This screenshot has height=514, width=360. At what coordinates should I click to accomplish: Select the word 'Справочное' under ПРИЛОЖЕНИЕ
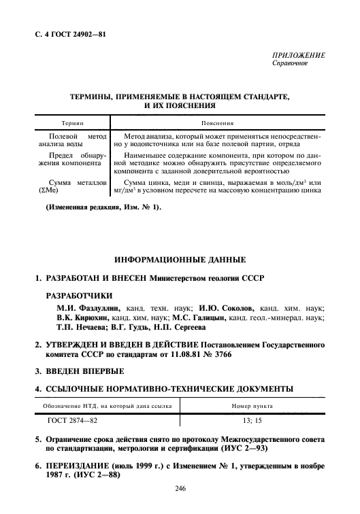pyautogui.click(x=290, y=63)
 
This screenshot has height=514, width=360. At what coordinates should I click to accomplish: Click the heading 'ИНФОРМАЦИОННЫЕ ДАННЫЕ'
pyautogui.click(x=179, y=260)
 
